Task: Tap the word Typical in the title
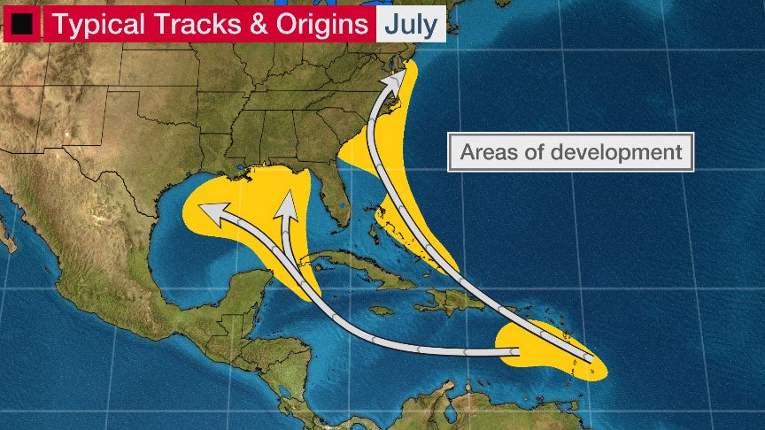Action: (100, 24)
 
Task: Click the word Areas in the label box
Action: (492, 151)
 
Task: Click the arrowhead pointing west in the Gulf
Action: (210, 211)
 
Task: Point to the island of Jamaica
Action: (382, 311)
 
